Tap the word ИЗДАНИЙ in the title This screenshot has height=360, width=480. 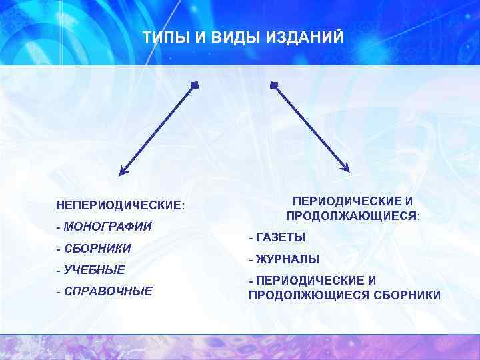click(x=306, y=39)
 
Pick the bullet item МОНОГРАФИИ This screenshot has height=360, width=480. click(x=108, y=227)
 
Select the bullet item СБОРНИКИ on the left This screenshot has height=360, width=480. click(x=97, y=249)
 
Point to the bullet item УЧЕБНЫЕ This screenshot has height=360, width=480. click(x=95, y=270)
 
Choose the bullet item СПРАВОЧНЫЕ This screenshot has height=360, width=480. click(x=108, y=291)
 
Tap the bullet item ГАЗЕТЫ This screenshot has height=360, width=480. click(x=281, y=237)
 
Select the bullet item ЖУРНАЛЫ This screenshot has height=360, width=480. click(x=287, y=259)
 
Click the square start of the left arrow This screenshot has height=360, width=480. click(x=195, y=85)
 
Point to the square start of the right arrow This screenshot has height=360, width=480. click(x=273, y=85)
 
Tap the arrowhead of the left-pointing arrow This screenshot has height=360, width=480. click(x=123, y=172)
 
